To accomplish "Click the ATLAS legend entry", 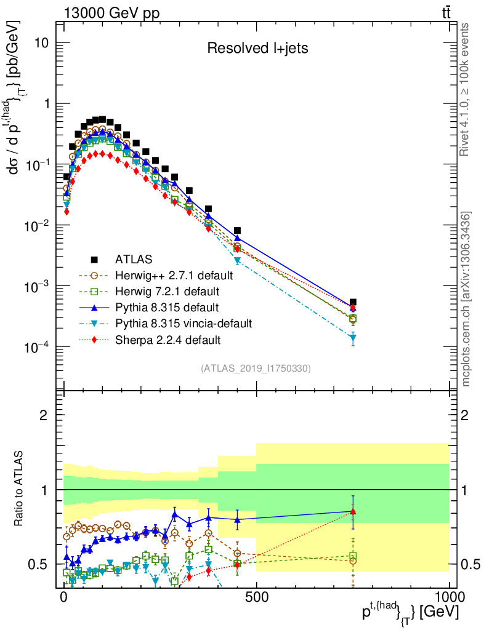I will pyautogui.click(x=134, y=259).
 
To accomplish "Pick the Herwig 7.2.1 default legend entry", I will pyautogui.click(x=167, y=291).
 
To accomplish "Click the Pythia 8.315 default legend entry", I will pyautogui.click(x=167, y=307).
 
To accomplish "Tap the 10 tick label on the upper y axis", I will pyautogui.click(x=41, y=44).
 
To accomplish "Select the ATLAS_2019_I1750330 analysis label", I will pyautogui.click(x=256, y=369).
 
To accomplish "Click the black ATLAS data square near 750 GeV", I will pyautogui.click(x=353, y=303).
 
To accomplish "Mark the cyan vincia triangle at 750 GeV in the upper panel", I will pyautogui.click(x=353, y=338).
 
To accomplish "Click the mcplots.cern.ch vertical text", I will pyautogui.click(x=467, y=298).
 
